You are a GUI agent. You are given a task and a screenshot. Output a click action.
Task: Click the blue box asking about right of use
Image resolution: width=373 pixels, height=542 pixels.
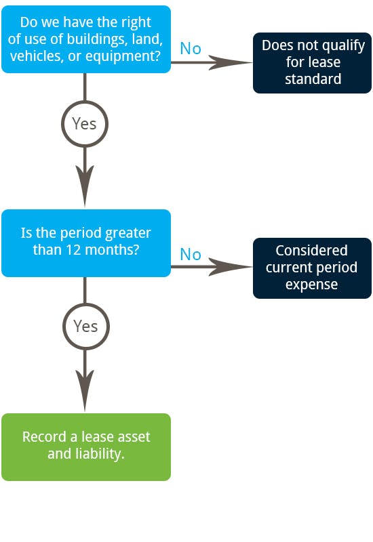(x=86, y=39)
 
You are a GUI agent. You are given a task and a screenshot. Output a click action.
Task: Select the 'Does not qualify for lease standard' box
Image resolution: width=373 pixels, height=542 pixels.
(x=312, y=62)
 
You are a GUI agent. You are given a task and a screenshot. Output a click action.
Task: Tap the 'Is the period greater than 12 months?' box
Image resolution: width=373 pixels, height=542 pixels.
(x=86, y=243)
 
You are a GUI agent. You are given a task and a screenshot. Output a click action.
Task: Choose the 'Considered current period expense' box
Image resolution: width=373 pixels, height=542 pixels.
(x=312, y=268)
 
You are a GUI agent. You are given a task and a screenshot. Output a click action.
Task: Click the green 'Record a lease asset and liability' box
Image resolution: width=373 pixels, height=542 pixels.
(x=86, y=447)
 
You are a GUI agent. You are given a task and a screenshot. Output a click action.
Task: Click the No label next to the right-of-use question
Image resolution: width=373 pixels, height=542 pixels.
(x=191, y=48)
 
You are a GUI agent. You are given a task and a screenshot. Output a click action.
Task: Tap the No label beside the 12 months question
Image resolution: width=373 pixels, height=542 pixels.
(x=191, y=255)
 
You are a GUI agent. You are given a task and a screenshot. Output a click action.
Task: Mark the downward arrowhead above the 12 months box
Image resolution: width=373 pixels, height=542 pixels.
(x=85, y=186)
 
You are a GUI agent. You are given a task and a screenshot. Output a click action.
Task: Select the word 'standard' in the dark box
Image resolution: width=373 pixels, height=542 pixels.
(x=313, y=79)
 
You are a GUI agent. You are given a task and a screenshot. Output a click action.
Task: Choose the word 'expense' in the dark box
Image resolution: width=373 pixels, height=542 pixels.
(x=311, y=285)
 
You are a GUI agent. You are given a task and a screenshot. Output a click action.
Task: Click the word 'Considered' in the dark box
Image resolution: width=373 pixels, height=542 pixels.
(x=311, y=250)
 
